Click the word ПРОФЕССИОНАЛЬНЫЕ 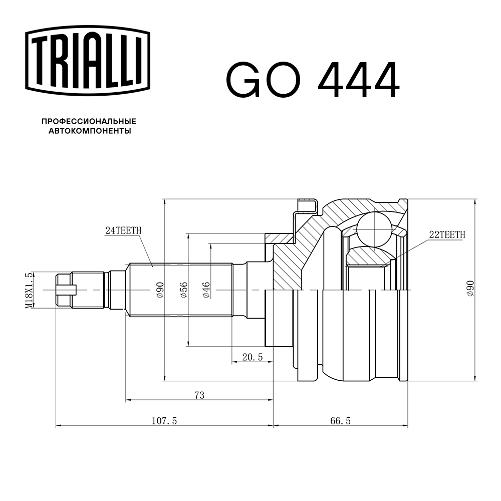pos(89,122)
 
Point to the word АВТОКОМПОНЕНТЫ pos(89,131)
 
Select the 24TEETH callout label pos(123,230)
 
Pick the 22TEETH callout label pos(447,234)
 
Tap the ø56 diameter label pos(183,290)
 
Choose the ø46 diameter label pos(206,290)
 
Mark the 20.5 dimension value pos(252,357)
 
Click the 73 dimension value pos(199,395)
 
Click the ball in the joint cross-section pos(374,228)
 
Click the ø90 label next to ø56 pos(160,290)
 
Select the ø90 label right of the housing pos(470,289)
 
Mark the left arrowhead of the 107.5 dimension pos(58,426)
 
